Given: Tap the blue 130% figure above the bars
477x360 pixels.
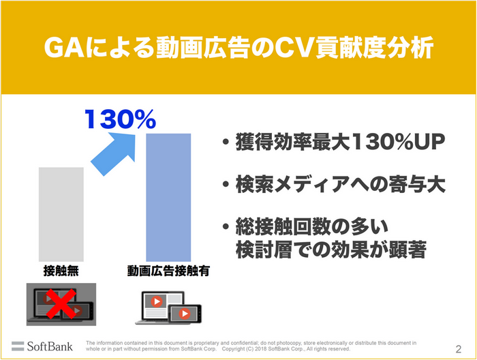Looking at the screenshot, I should pos(120,120).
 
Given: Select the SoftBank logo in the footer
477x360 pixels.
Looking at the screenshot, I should pos(42,345).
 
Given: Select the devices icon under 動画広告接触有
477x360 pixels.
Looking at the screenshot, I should pos(168,307).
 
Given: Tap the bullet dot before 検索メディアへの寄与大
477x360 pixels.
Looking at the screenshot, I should pos(225,185).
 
